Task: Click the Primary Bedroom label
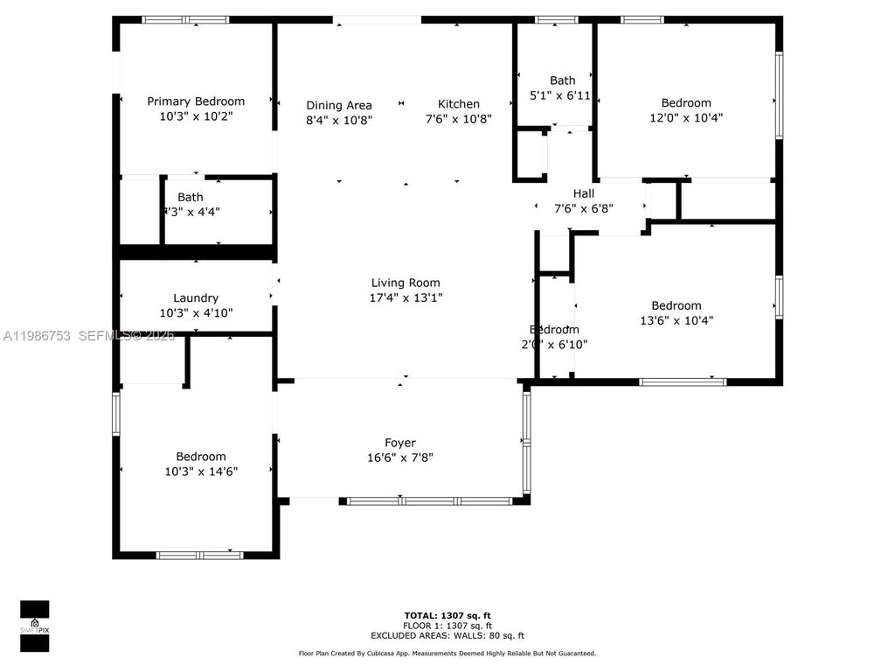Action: (196, 101)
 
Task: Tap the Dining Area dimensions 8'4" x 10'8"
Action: (339, 120)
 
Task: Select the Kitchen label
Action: (459, 104)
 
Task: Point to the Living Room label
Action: (406, 283)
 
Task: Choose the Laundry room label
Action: (196, 298)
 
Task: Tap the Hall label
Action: (583, 193)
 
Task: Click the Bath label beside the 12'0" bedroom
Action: (562, 80)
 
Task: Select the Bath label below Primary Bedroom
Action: (190, 198)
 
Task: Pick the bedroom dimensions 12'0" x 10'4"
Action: (686, 117)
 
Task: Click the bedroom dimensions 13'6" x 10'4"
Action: (676, 320)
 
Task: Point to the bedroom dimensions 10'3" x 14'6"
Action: (201, 471)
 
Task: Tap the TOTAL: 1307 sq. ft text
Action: (447, 615)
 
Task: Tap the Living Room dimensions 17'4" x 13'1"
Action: (406, 297)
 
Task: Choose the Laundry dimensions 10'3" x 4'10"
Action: (196, 312)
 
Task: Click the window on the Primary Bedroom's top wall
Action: (185, 19)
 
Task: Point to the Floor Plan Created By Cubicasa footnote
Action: (447, 654)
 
